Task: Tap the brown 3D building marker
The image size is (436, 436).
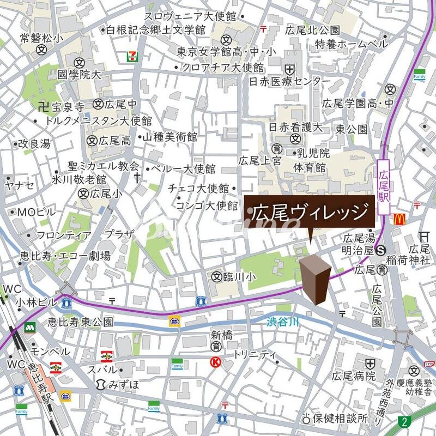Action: point(315,277)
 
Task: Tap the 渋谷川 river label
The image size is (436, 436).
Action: point(283,323)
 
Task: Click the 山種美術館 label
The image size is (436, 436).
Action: point(169,138)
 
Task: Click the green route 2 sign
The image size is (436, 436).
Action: point(404,421)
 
